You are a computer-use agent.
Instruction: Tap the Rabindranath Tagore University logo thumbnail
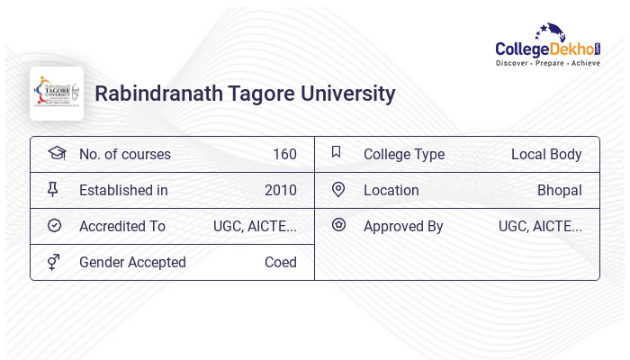(57, 94)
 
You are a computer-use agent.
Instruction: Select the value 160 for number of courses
(284, 154)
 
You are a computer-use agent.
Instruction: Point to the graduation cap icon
(57, 153)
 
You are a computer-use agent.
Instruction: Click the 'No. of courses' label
(125, 154)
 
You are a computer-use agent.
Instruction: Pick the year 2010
(281, 190)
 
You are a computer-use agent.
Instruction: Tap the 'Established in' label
(123, 190)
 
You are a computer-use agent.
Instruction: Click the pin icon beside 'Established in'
(53, 189)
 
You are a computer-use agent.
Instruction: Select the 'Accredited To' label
(122, 226)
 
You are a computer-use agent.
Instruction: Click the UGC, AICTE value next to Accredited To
(255, 226)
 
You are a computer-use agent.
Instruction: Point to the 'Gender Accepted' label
(132, 262)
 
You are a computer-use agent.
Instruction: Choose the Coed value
(281, 262)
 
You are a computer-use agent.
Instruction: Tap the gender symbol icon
(54, 262)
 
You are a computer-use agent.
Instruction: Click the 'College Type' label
(404, 154)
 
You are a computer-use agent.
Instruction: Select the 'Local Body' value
(546, 154)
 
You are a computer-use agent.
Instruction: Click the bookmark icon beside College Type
(337, 152)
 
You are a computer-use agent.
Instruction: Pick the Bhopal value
(560, 190)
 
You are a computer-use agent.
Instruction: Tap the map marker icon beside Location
(338, 189)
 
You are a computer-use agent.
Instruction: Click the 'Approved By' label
(403, 226)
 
